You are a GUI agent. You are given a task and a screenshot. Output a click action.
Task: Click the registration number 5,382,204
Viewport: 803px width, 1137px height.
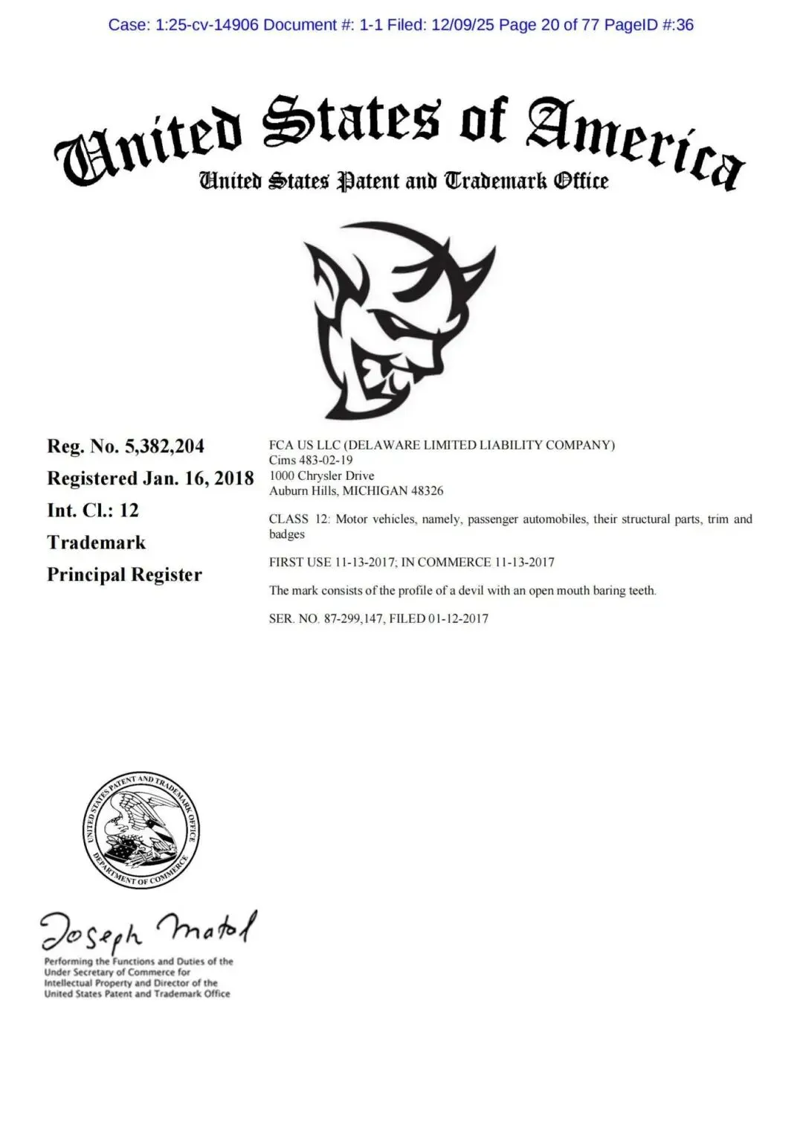click(164, 446)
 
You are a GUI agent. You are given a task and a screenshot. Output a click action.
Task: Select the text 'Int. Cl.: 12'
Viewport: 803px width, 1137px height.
click(93, 510)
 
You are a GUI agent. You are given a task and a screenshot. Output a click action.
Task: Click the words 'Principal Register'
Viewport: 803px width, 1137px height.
click(124, 575)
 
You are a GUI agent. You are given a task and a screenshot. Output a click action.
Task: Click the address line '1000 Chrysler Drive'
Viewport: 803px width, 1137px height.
click(321, 475)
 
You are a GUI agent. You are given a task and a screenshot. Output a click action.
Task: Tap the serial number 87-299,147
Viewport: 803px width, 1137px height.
click(354, 618)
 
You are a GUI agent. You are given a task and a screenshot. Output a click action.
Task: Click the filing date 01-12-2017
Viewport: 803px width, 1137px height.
click(458, 618)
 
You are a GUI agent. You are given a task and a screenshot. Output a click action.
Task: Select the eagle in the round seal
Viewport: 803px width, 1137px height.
click(138, 826)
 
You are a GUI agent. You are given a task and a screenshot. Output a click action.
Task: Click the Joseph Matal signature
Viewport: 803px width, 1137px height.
click(149, 930)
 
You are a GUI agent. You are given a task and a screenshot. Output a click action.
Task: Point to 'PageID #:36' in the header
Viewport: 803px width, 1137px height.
click(648, 25)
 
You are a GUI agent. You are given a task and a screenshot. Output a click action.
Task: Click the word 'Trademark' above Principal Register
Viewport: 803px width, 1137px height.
click(96, 542)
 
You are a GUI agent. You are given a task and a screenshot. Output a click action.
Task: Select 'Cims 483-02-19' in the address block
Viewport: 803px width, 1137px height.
click(311, 461)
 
